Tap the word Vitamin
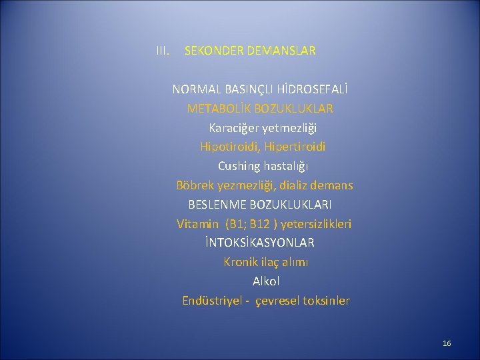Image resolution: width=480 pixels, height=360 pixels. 197,223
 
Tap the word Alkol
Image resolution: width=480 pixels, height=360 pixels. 266,281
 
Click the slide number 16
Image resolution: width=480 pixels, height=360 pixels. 447,343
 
